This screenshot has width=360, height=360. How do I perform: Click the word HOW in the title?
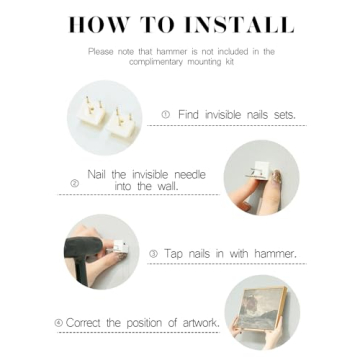98,24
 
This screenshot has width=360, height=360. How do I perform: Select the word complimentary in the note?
153,62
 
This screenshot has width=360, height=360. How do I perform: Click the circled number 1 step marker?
166,115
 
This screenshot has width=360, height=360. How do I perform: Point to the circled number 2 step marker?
75,183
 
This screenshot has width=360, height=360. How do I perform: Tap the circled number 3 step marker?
153,254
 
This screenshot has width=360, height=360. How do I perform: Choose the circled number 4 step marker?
59,323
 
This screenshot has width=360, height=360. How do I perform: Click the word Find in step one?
188,115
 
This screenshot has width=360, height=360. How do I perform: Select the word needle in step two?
190,174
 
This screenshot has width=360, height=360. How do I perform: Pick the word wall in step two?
167,186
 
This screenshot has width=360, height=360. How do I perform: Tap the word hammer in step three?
275,254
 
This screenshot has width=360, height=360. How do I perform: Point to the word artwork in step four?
201,323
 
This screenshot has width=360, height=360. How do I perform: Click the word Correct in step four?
84,323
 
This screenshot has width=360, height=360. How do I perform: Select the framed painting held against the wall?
263,308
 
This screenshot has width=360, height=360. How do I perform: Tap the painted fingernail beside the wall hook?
276,177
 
